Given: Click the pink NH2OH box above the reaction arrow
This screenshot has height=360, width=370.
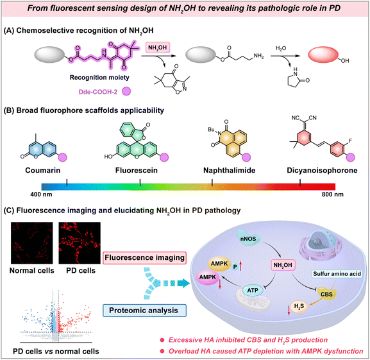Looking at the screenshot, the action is click(x=158, y=47).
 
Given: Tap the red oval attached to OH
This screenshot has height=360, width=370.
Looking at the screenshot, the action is click(x=323, y=55).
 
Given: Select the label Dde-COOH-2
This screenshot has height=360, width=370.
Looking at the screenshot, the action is click(x=98, y=92).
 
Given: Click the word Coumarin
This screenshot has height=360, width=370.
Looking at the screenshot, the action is click(x=43, y=170).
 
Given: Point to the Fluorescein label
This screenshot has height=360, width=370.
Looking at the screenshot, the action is click(x=137, y=170).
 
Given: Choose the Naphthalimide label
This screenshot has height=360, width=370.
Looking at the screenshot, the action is click(x=230, y=170).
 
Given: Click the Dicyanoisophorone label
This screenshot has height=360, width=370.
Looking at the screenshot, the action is click(x=322, y=170).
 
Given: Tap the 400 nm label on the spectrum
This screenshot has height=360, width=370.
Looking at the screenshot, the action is click(x=41, y=194).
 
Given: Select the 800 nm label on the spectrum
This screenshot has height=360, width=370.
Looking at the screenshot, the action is click(x=333, y=194).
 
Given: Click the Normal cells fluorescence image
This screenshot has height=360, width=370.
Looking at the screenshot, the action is click(x=32, y=243).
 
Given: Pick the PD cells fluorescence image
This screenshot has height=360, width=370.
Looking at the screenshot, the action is click(x=80, y=243).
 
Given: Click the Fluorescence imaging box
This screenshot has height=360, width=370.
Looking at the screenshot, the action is click(x=145, y=258).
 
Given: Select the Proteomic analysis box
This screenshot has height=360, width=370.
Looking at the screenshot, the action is click(x=145, y=311).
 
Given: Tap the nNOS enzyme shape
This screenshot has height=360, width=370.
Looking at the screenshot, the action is click(x=248, y=239).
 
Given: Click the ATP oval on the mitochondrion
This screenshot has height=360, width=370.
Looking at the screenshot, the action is click(x=253, y=290).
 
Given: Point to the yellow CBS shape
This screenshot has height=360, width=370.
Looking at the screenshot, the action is click(x=326, y=294).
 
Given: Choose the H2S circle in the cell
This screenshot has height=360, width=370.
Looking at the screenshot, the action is click(x=299, y=307).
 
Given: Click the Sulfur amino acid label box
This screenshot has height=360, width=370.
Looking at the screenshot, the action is click(x=337, y=274).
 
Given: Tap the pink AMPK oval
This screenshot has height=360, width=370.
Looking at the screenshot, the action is click(x=208, y=277).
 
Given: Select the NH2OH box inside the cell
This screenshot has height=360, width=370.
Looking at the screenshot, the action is click(x=283, y=265).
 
